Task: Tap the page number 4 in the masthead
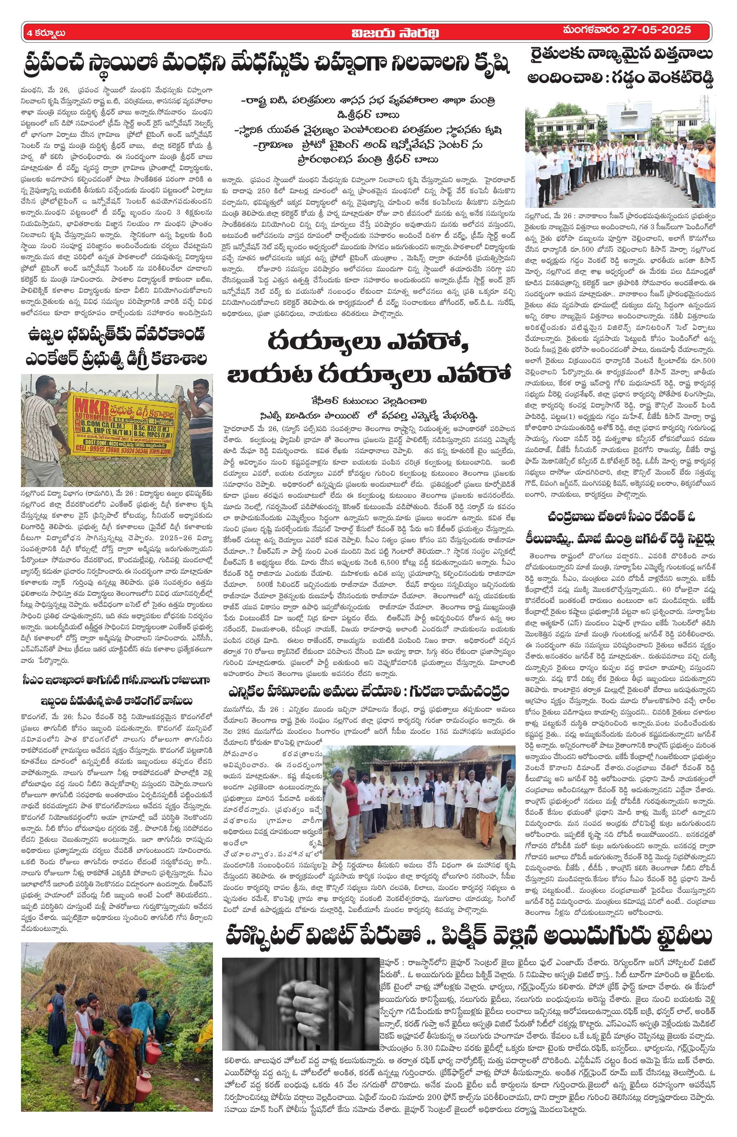(x=30, y=32)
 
